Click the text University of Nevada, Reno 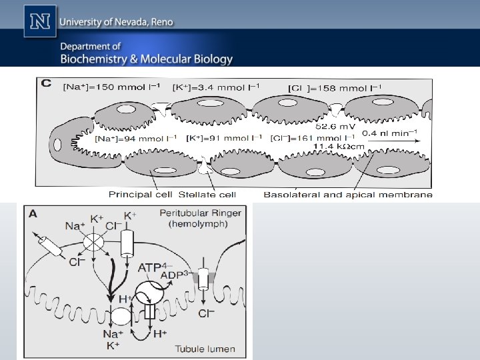(117, 22)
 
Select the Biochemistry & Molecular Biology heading (147, 59)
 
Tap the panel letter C (47, 83)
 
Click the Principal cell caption (140, 195)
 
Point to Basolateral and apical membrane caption (348, 195)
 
